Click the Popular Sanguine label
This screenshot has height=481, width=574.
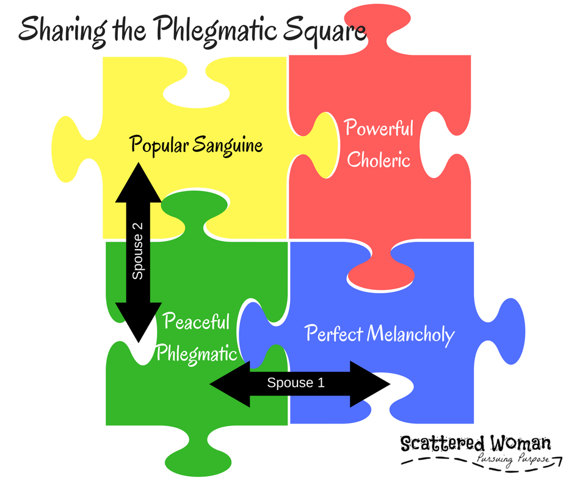pyautogui.click(x=196, y=145)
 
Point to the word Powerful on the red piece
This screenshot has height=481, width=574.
pyautogui.click(x=379, y=128)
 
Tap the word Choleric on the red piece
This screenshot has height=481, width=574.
pyautogui.click(x=379, y=159)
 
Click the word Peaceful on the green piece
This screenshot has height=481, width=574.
pyautogui.click(x=197, y=322)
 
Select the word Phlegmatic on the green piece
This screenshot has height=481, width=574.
pyautogui.click(x=197, y=354)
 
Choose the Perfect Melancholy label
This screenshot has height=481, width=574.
pyautogui.click(x=380, y=334)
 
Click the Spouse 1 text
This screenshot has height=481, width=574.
pyautogui.click(x=296, y=383)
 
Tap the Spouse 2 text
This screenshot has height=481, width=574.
pyautogui.click(x=137, y=251)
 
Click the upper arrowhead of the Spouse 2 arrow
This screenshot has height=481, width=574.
pyautogui.click(x=139, y=183)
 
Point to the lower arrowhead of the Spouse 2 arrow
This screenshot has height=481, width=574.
pyautogui.click(x=139, y=322)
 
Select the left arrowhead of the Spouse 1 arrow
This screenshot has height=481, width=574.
pyautogui.click(x=230, y=384)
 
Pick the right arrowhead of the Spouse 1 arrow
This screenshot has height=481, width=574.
pyautogui.click(x=370, y=384)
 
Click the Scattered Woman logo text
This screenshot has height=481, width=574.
pyautogui.click(x=476, y=443)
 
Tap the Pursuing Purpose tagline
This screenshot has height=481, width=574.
pyautogui.click(x=513, y=459)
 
